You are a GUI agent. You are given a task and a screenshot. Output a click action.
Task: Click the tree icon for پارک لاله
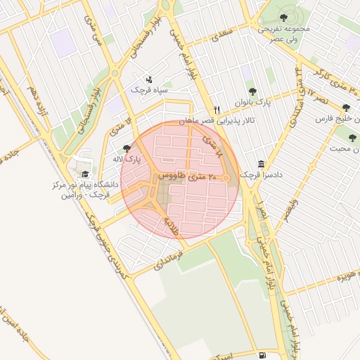126,148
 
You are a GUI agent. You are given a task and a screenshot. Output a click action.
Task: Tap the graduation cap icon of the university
86,174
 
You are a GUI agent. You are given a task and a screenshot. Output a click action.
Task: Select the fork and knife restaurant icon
217,110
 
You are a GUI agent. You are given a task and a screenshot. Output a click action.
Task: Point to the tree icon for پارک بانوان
252,91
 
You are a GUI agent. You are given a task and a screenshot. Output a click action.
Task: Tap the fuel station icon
262,356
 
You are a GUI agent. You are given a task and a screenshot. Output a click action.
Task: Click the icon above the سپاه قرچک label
149,79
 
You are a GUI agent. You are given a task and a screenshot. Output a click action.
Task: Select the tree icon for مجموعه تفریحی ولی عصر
283,18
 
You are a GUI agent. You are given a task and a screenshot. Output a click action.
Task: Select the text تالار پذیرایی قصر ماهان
219,121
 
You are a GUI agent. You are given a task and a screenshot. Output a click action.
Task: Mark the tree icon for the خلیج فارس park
345,108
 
